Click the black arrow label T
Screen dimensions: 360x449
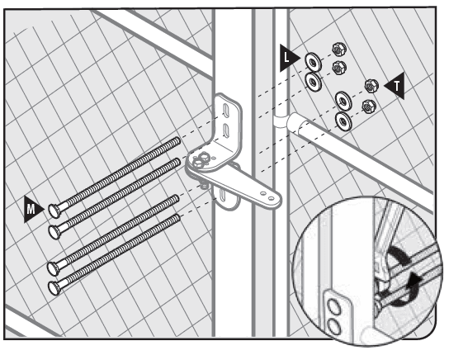click(x=397, y=87)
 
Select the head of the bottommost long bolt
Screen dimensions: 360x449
click(x=55, y=287)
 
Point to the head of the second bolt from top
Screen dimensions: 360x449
click(x=55, y=229)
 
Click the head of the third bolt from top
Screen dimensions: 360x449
click(x=55, y=268)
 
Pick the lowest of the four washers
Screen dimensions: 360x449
click(x=342, y=120)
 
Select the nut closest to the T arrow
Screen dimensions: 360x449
click(x=371, y=86)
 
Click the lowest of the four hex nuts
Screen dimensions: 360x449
click(x=367, y=106)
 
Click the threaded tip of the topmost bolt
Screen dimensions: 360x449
click(x=177, y=143)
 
